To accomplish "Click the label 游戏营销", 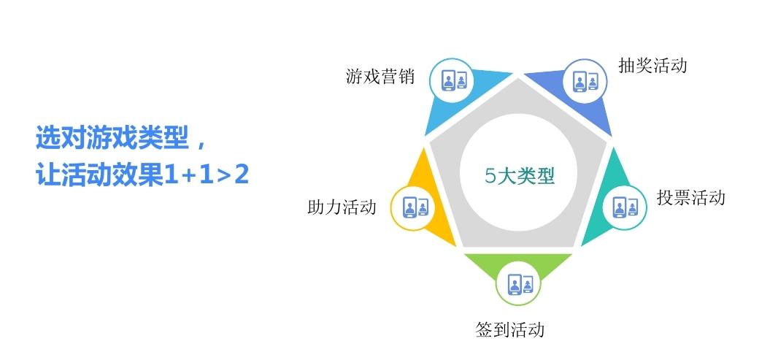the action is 380,77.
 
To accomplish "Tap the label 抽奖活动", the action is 652,65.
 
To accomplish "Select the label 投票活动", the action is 691,197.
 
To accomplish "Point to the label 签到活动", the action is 509,329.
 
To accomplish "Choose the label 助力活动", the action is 342,207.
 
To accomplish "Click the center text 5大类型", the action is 520,176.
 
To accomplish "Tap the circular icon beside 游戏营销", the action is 452,80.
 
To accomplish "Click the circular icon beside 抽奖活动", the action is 585,81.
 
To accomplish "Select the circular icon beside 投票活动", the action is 624,208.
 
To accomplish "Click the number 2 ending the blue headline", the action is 241,175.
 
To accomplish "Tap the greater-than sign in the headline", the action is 223,176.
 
